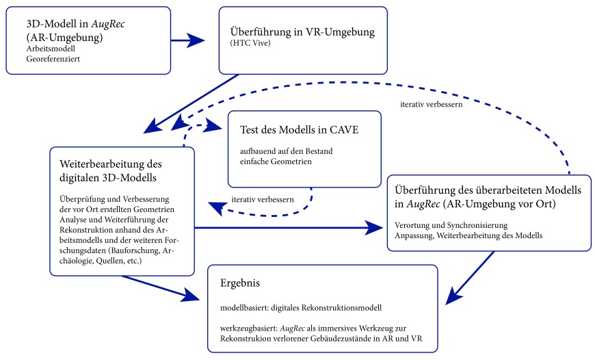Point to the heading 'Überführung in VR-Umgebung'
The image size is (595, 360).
point(303,32)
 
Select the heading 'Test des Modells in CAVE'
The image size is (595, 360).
point(300,129)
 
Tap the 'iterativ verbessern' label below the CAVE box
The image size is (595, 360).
point(263,198)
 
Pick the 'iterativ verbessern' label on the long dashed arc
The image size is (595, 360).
point(431,105)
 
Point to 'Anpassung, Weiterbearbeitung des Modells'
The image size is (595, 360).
point(468,235)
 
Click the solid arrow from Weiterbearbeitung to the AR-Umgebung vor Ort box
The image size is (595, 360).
point(287,227)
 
